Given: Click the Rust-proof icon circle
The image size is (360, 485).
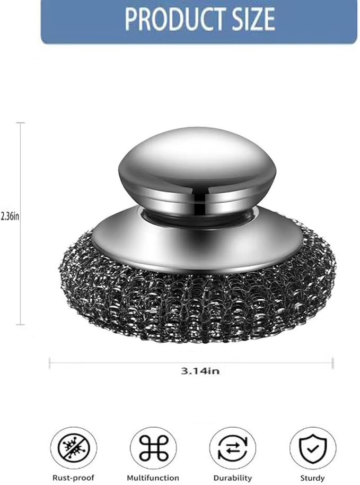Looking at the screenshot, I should tap(75, 448).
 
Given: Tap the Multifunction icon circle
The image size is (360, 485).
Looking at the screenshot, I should tap(154, 448).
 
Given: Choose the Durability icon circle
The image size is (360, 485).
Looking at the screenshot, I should tap(232, 448).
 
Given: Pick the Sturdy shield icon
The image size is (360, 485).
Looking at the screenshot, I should tap(313, 448).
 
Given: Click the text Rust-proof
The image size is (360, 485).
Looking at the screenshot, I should tap(75, 478).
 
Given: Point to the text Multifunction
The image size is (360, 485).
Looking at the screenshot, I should tap(154, 478).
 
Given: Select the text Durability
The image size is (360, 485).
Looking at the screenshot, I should tap(232, 478).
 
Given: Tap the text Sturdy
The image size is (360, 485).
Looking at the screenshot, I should tap(312, 478).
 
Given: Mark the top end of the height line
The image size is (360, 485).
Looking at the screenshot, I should tap(21, 123).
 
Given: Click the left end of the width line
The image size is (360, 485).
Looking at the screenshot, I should tap(50, 363).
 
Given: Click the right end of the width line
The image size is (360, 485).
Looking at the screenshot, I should tap(332, 363).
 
